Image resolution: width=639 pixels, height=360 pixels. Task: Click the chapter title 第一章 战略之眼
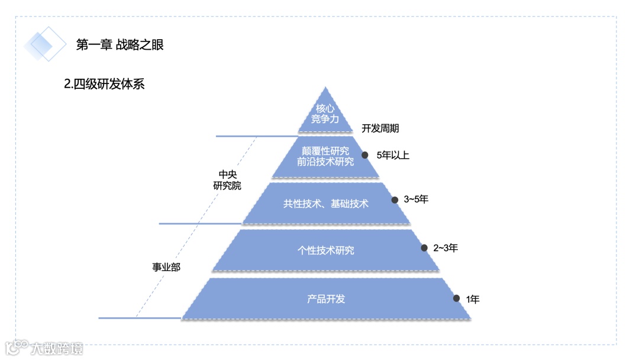tap(120, 44)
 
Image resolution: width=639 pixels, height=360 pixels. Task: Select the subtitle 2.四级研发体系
tap(104, 84)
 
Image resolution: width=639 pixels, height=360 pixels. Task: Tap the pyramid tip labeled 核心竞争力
tap(325, 114)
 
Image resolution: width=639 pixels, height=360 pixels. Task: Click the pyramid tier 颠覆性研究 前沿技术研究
tap(325, 156)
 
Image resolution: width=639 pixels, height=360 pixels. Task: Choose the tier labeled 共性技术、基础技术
tap(325, 204)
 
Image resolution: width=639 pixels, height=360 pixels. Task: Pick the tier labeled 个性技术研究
tap(325, 250)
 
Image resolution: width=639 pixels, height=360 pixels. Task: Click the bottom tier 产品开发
tap(325, 299)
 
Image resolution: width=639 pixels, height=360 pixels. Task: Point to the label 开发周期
tap(380, 128)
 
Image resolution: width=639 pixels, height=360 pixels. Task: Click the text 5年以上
tap(393, 156)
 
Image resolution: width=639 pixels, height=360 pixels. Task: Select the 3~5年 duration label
tap(416, 200)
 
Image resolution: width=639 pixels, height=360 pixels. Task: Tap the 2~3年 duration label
tap(446, 248)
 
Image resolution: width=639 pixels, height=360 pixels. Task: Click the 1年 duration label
tap(473, 300)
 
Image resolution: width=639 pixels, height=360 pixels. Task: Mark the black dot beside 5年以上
tap(365, 155)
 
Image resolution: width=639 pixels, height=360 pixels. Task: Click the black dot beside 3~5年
tap(395, 200)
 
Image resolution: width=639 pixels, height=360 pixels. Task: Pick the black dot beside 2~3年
tap(424, 248)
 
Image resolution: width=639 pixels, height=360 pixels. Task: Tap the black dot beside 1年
tap(456, 298)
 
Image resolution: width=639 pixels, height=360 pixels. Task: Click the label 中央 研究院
tap(227, 180)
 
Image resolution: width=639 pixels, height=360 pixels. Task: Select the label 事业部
tap(166, 267)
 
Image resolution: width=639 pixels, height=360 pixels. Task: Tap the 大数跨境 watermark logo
tap(44, 348)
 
